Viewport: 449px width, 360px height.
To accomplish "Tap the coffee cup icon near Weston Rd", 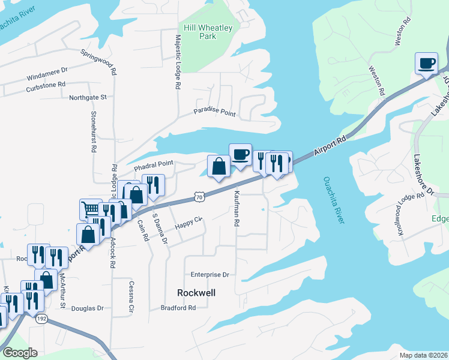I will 426,64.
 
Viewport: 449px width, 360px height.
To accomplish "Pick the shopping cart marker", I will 91,209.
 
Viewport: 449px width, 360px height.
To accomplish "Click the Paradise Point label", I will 214,112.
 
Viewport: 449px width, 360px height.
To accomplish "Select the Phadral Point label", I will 153,163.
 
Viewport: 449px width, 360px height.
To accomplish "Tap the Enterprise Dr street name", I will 210,274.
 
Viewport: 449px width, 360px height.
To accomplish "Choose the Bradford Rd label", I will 178,308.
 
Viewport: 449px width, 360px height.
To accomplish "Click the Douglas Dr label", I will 88,308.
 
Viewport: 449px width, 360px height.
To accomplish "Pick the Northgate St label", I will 88,97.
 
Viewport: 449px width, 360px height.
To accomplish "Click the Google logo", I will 19,353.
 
